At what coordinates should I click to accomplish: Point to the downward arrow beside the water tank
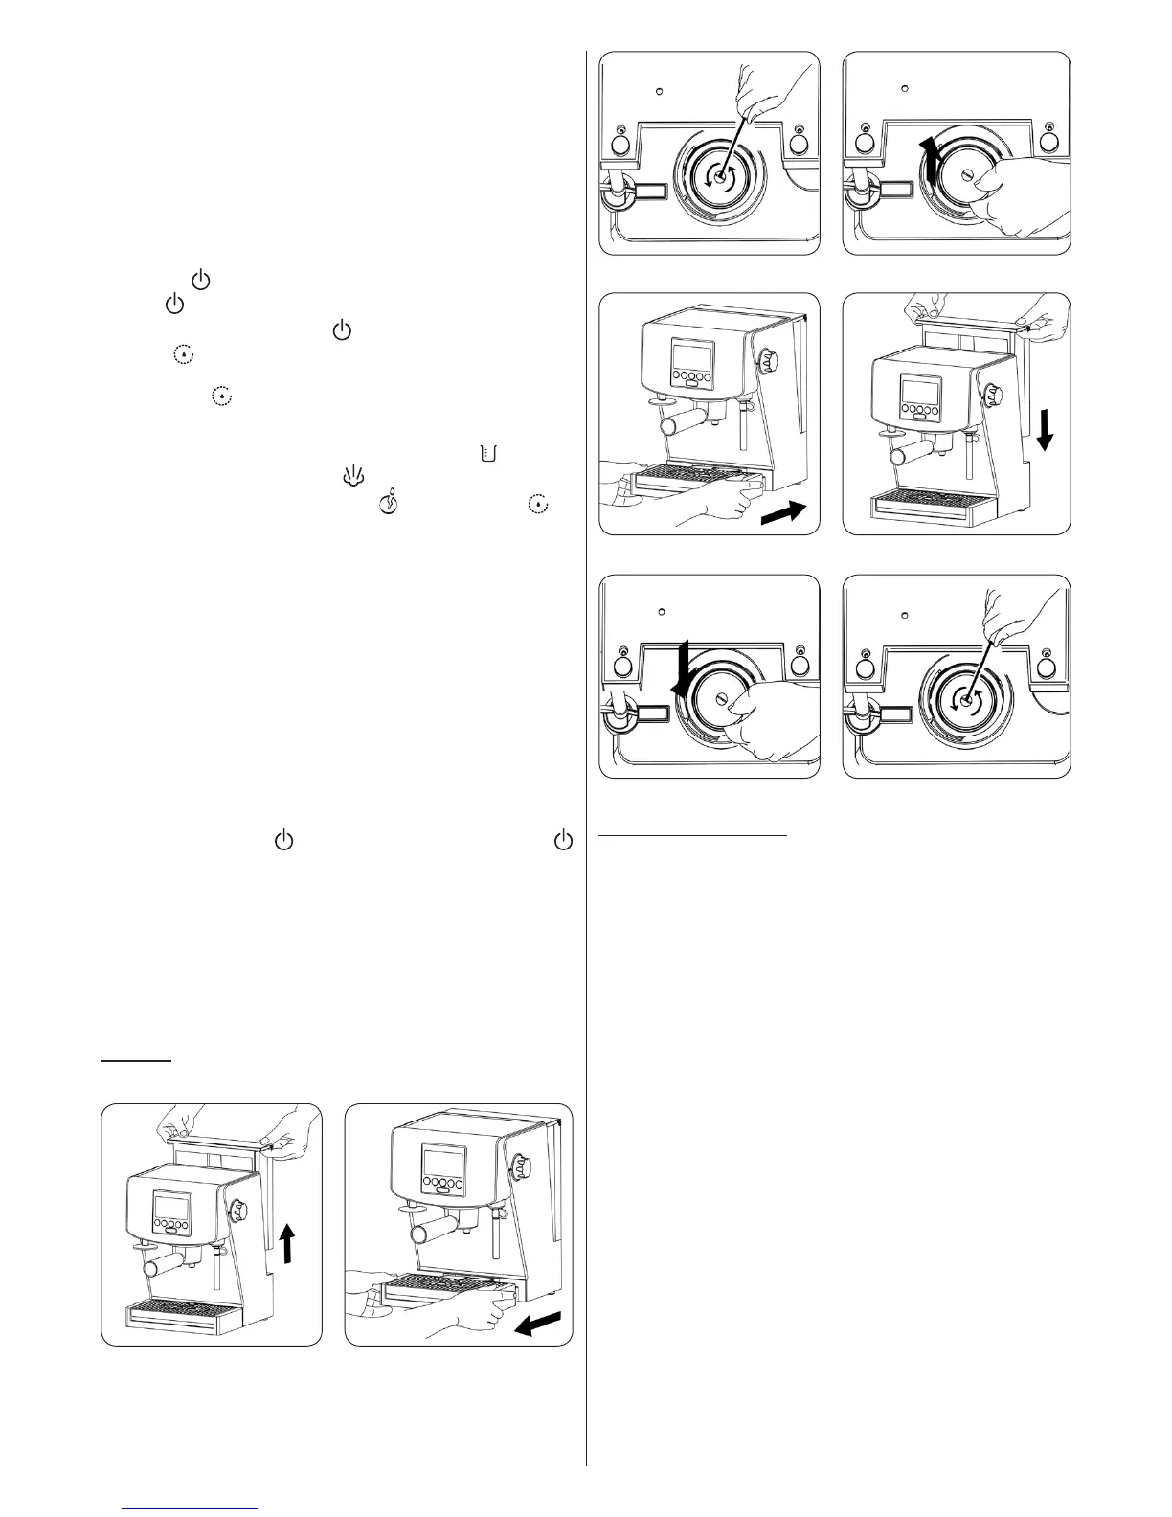tap(1047, 431)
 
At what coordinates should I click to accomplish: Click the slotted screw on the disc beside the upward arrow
tap(967, 175)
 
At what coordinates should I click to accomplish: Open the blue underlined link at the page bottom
tap(192, 1509)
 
